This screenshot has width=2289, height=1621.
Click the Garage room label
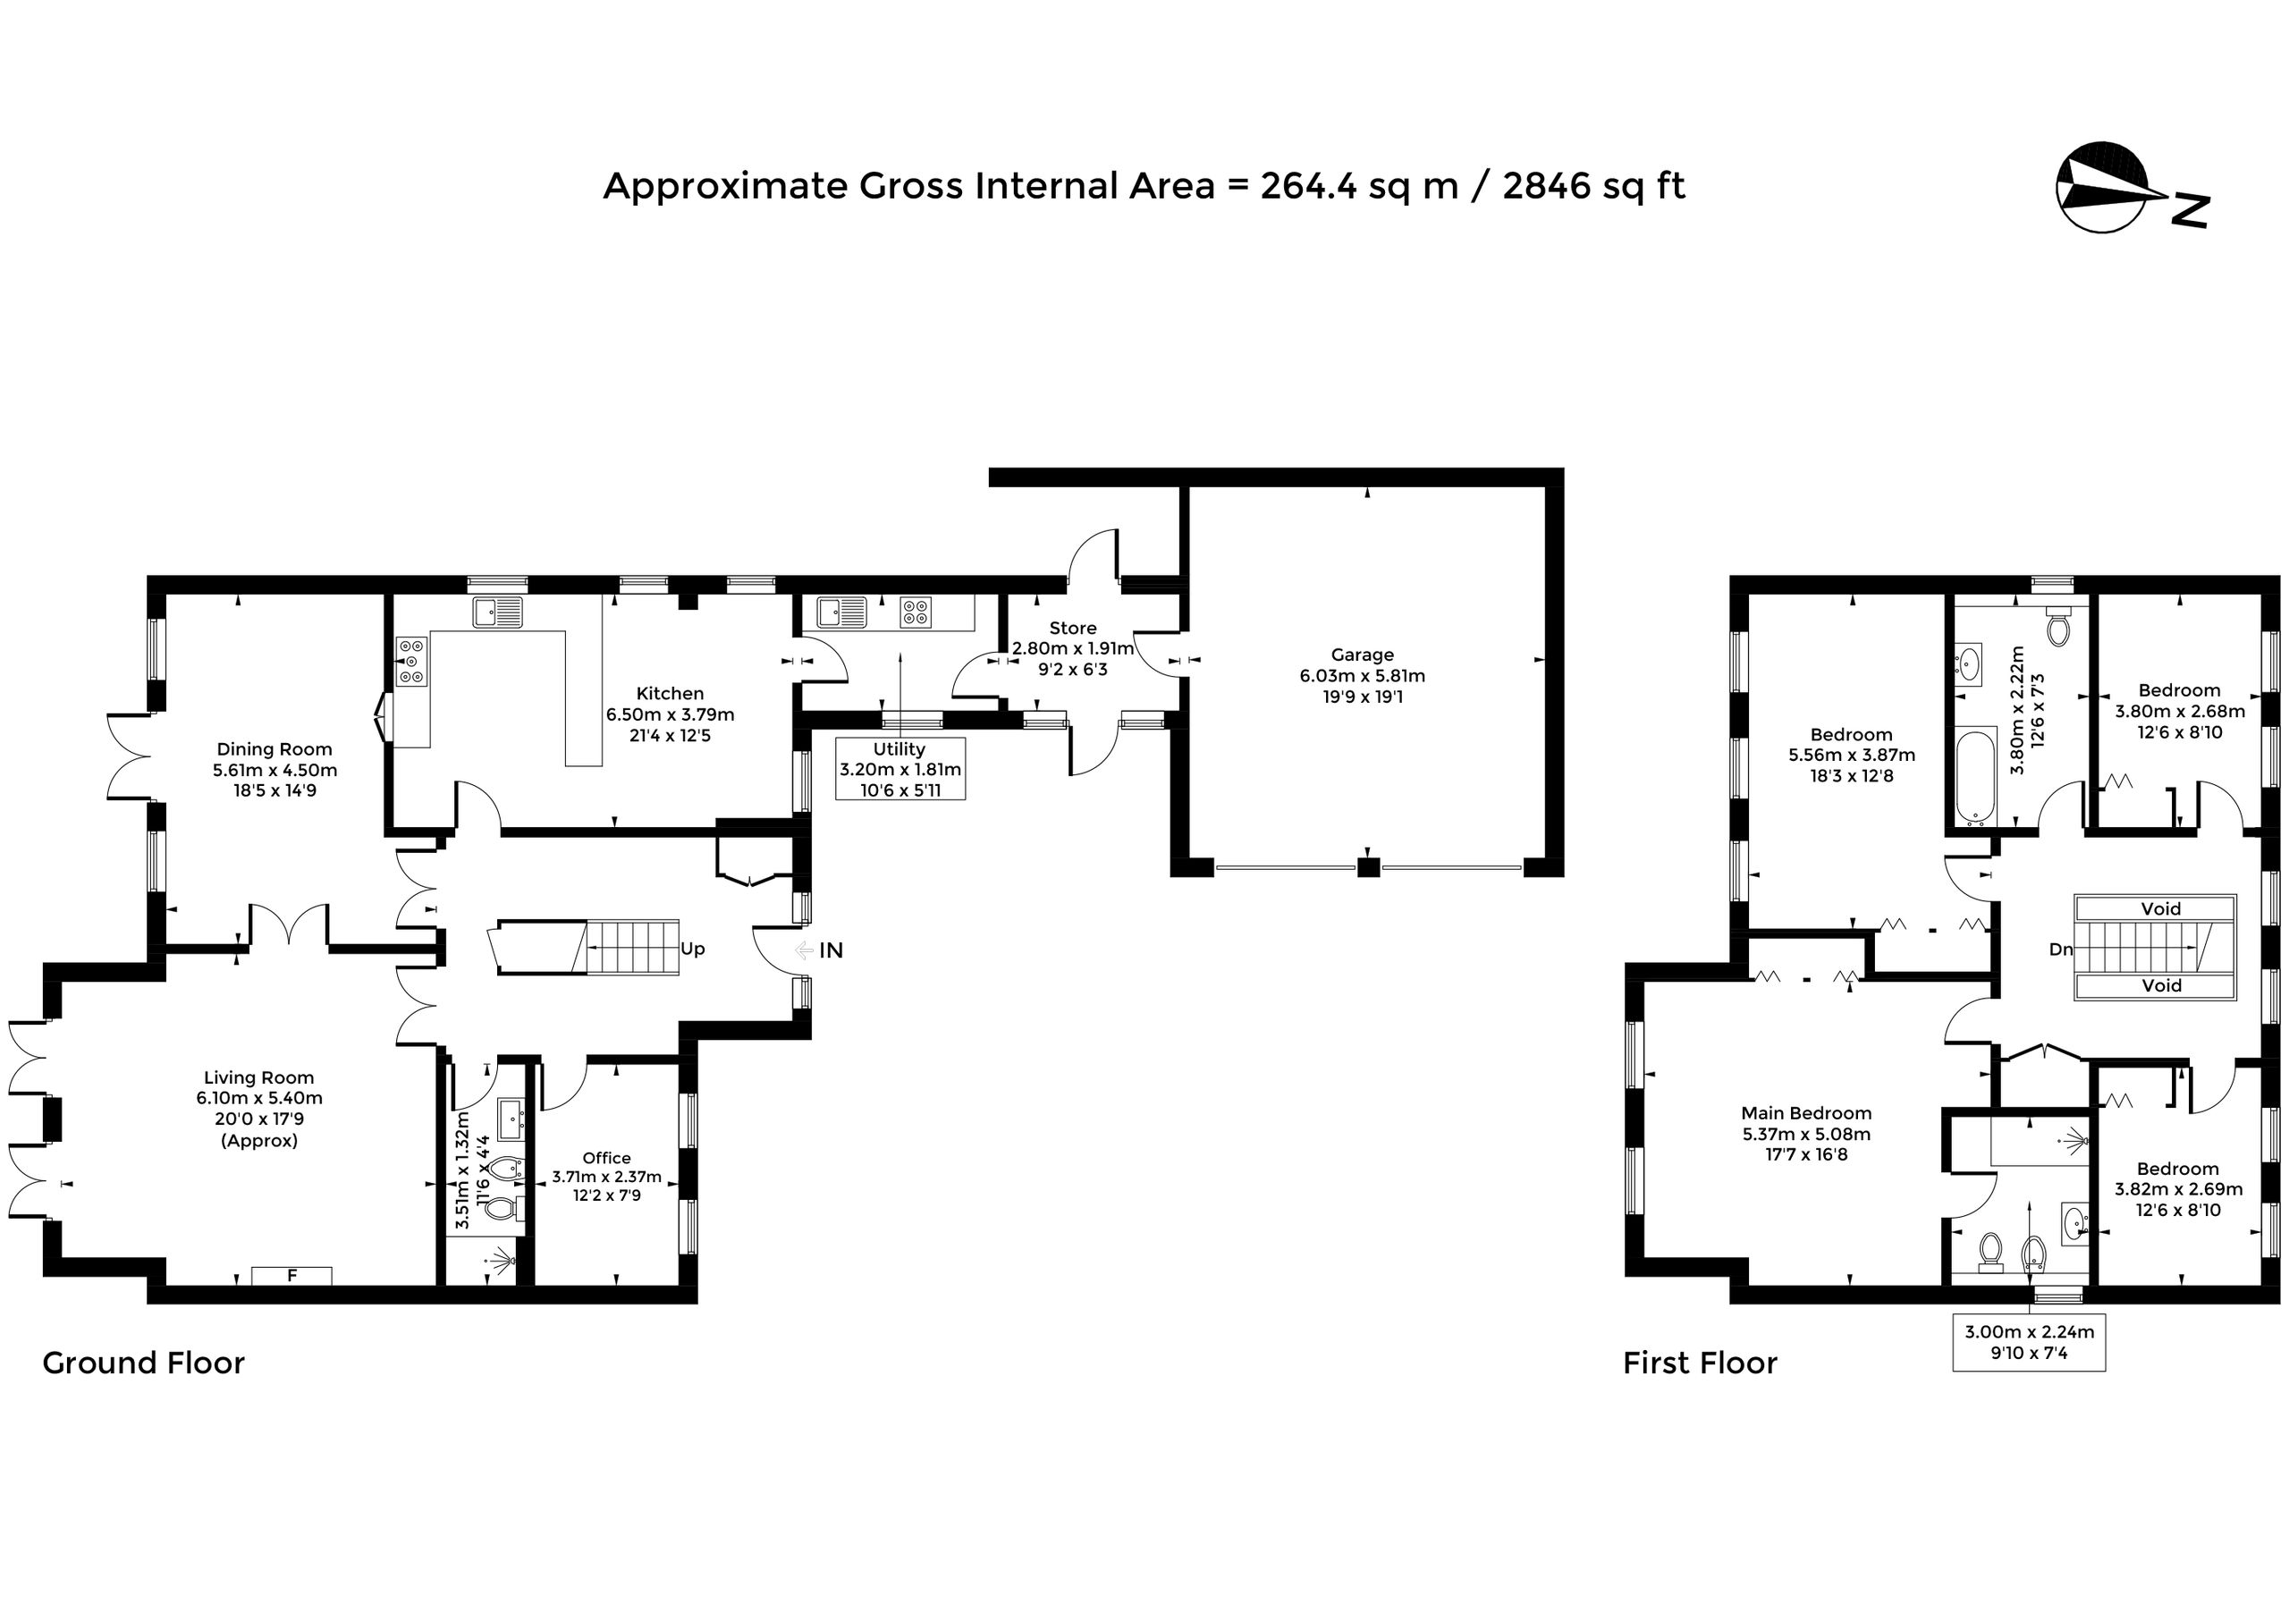pyautogui.click(x=1363, y=654)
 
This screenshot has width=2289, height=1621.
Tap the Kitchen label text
pyautogui.click(x=670, y=694)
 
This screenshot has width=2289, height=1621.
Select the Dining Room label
pyautogui.click(x=275, y=749)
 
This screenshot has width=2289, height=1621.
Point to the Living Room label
pyautogui.click(x=259, y=1078)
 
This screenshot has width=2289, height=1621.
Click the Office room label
pyautogui.click(x=607, y=1158)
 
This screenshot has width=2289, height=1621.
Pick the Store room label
pyautogui.click(x=1073, y=629)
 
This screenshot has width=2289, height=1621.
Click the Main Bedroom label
pyautogui.click(x=1807, y=1113)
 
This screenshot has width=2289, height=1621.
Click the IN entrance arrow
pyautogui.click(x=805, y=950)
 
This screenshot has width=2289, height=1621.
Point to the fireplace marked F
pyautogui.click(x=291, y=1276)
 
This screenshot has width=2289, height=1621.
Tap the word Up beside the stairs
pyautogui.click(x=693, y=950)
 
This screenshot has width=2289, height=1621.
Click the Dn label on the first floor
pyautogui.click(x=2060, y=950)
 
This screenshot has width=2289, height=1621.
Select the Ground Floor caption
pyautogui.click(x=144, y=1363)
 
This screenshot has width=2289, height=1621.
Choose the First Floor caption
pyautogui.click(x=1700, y=1363)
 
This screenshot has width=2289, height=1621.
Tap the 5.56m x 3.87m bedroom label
pyautogui.click(x=1852, y=756)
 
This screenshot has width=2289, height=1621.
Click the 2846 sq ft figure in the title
pyautogui.click(x=1594, y=187)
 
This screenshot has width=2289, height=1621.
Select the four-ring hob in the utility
pyautogui.click(x=916, y=611)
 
